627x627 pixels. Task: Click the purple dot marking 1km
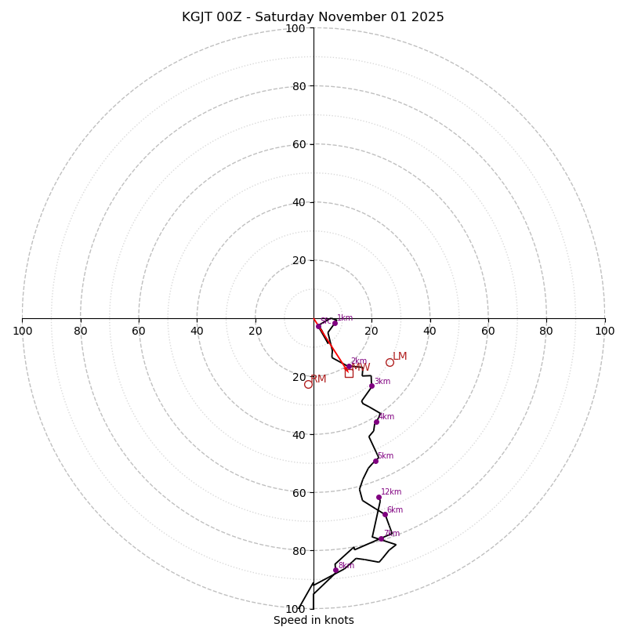coord(335,323)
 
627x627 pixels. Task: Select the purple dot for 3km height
coord(371,386)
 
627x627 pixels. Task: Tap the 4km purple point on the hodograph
coord(376,422)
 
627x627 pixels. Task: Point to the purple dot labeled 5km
coord(375,461)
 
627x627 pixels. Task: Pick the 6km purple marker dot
coord(385,515)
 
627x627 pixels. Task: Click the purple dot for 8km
coord(335,570)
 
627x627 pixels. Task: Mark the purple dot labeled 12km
coord(379,497)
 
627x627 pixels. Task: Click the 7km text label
coord(391,534)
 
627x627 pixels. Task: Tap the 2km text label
coord(358,361)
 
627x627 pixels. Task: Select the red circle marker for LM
coord(390,362)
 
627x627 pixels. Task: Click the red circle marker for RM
coord(308,384)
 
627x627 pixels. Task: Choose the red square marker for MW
coord(349,373)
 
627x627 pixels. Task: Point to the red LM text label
coord(400,357)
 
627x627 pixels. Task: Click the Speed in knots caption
coord(313,620)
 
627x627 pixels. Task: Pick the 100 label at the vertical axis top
coord(295,28)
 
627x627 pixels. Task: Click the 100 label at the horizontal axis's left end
coord(22,331)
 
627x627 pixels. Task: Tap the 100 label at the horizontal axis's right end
coord(605,331)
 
